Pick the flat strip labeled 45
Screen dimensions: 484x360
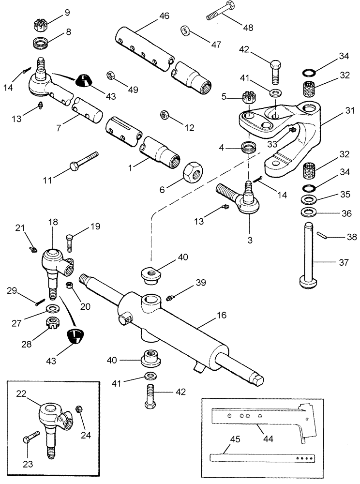261,456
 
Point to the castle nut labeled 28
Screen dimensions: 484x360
50,321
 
